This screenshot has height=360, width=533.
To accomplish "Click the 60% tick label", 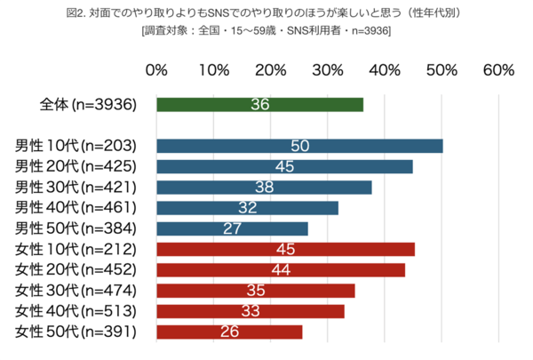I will (498, 71).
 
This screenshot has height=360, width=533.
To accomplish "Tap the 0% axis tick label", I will (156, 71).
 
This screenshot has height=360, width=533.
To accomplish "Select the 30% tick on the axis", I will (328, 71).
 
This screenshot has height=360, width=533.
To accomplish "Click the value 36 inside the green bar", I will (260, 104).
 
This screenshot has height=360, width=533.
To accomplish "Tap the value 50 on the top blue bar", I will (299, 146).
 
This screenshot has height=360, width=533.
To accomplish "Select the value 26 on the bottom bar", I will (229, 332).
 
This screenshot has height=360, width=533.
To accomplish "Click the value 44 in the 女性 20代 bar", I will (281, 270).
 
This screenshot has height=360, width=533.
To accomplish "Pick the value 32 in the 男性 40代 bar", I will (248, 208).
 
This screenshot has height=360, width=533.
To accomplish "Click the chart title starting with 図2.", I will (266, 12).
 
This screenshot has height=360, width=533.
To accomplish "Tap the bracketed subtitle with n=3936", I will (266, 31).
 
